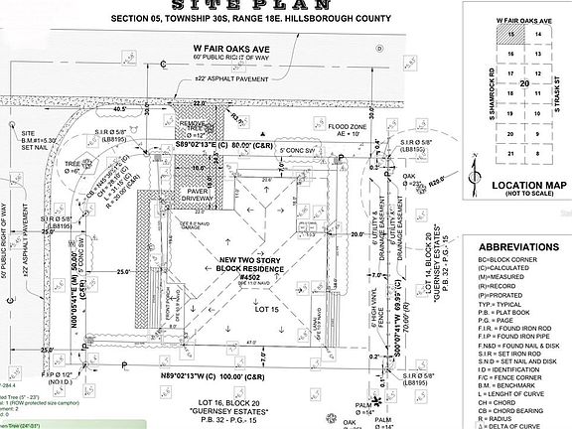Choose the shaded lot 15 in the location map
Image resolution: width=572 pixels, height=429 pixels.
point(511,35)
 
